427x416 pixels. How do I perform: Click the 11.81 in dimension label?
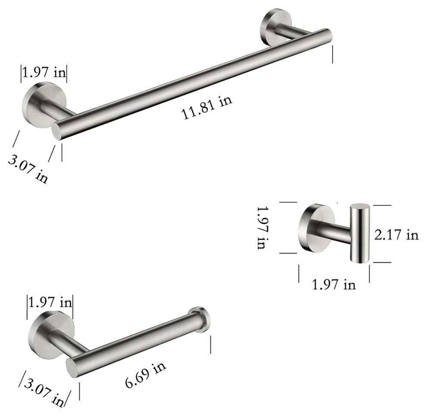click(207, 107)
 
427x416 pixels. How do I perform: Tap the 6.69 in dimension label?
click(145, 375)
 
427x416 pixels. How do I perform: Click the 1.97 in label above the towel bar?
click(44, 72)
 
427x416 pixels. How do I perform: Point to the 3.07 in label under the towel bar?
click(28, 169)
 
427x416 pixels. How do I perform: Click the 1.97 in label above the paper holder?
click(50, 303)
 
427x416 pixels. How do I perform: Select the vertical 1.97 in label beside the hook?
click(263, 227)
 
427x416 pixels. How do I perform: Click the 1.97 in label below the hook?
click(334, 285)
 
